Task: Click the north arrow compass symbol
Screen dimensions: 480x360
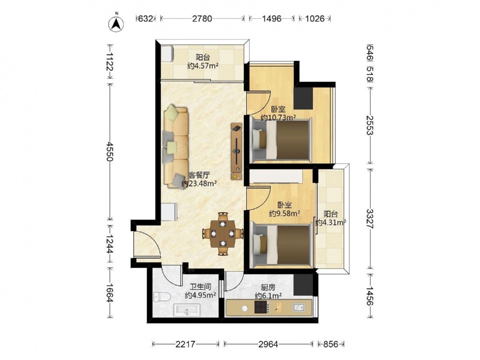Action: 116,23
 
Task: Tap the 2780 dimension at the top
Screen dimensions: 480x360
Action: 202,19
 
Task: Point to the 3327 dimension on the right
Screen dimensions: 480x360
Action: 371,218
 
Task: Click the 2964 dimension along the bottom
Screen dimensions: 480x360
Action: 268,344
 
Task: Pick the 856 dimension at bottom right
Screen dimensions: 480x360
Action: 331,344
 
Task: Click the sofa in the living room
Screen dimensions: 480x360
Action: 176,146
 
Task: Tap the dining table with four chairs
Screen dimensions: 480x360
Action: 223,234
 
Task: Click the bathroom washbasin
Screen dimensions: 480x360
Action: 187,310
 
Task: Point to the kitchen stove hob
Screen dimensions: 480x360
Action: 262,307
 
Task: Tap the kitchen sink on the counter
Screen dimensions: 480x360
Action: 299,307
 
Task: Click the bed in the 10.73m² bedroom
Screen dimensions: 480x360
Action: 281,140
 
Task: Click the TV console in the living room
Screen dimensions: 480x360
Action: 236,152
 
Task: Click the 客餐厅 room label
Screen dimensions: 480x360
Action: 199,175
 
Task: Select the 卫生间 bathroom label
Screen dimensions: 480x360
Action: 201,287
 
